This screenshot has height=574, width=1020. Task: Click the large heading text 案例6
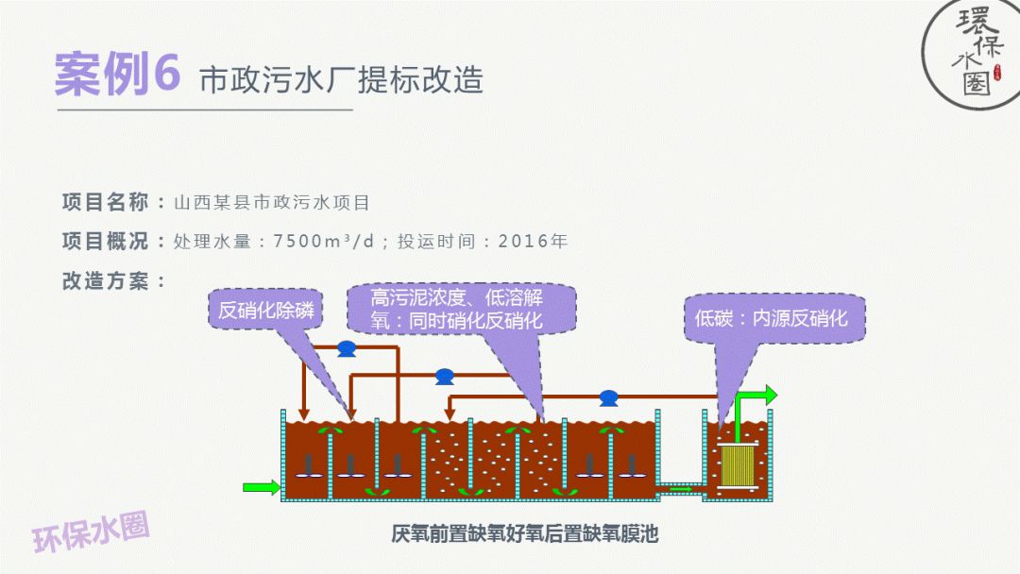(116, 75)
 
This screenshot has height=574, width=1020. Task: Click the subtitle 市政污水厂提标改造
(341, 79)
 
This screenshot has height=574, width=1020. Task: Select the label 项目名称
(105, 202)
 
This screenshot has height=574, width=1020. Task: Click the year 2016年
(533, 241)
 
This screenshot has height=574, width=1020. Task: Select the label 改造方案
(105, 280)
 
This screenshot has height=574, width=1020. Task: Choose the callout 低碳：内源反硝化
(772, 318)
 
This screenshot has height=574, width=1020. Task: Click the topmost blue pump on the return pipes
(346, 348)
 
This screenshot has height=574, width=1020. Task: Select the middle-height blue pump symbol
(444, 376)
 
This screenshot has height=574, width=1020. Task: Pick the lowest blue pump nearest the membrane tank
(608, 398)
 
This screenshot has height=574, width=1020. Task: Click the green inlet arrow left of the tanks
(261, 487)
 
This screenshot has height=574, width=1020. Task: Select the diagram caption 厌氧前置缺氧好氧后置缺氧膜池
(524, 534)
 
